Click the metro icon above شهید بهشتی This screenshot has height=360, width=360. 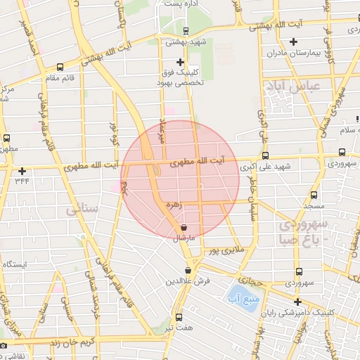[x=186, y=31]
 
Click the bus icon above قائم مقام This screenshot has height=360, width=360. [x=60, y=67]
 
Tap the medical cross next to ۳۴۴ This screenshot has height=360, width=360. [x=22, y=171]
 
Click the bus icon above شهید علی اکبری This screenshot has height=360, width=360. [x=265, y=156]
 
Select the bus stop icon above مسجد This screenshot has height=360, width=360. [x=313, y=195]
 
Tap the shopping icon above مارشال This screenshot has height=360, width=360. [x=184, y=228]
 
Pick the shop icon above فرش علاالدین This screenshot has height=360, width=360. [x=188, y=270]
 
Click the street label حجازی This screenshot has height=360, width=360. [x=253, y=280]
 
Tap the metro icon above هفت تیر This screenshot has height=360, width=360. [x=179, y=318]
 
